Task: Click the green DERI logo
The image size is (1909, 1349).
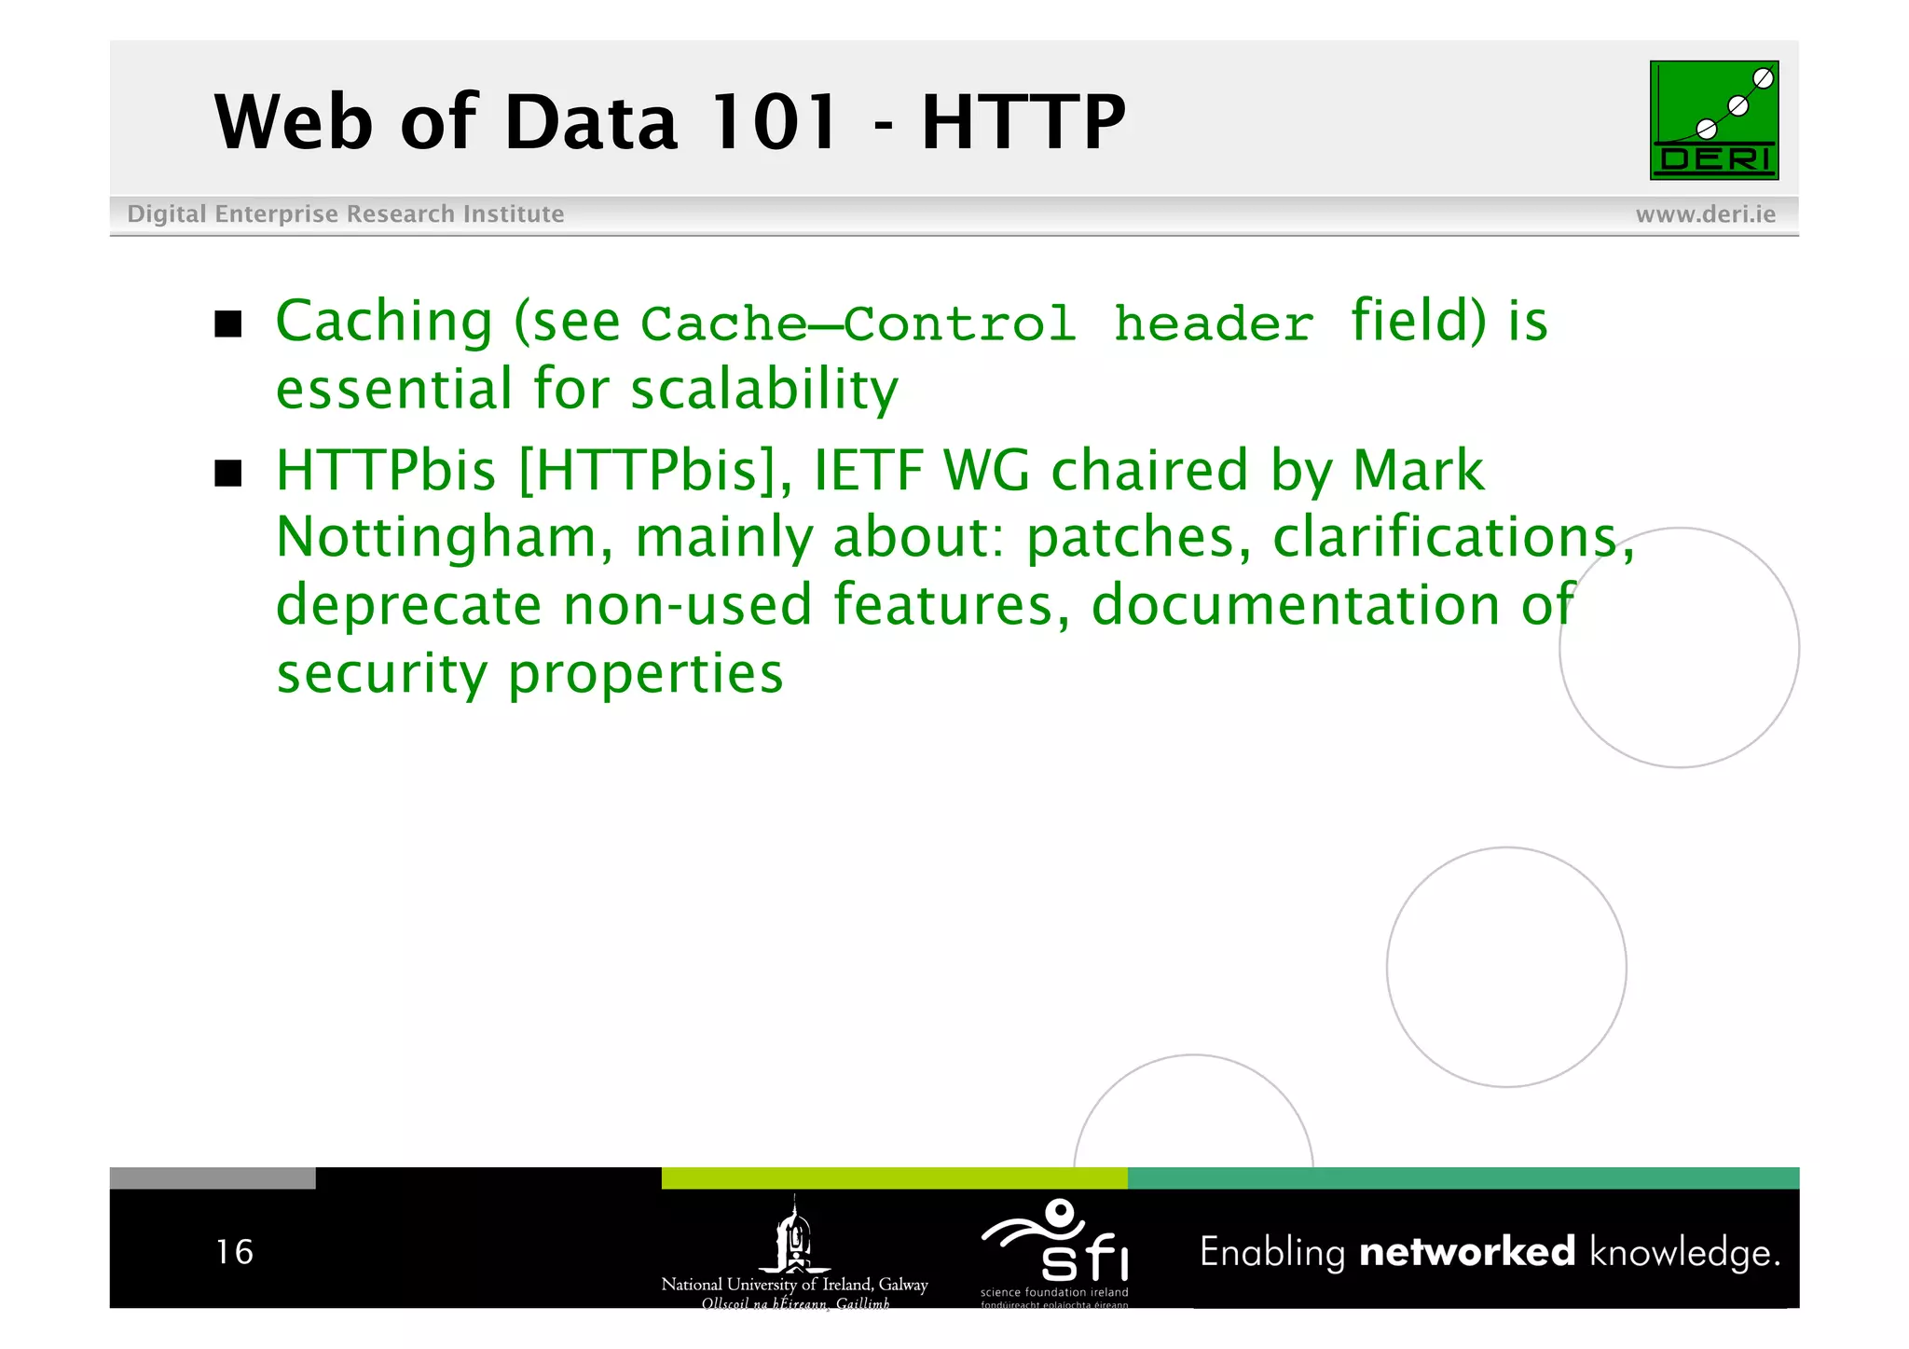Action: coord(1713,120)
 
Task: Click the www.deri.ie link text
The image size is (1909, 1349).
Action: coord(1705,214)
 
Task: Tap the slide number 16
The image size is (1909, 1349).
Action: coord(234,1252)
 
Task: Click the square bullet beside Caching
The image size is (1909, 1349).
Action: coord(228,324)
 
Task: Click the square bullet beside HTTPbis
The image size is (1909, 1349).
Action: coord(228,474)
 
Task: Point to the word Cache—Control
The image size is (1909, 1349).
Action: coord(858,323)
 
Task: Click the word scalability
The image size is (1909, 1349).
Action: coord(764,389)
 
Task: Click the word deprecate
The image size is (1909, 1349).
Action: coord(408,606)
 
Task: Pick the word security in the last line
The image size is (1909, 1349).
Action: coord(381,673)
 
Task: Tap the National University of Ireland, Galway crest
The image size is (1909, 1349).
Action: coord(794,1240)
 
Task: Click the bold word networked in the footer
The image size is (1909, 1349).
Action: coord(1467,1251)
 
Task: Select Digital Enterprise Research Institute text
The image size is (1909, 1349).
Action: coord(345,214)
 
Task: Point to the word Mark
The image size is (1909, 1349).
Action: coord(1418,470)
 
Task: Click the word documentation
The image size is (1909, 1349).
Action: coord(1296,606)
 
